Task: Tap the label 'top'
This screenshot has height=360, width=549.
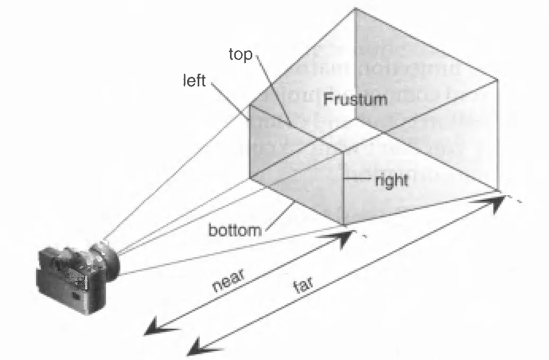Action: point(241,54)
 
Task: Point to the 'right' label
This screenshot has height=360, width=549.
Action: point(392,180)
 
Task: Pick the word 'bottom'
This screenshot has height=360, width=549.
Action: point(235,231)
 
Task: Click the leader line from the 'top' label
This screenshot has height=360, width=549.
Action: point(273,90)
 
